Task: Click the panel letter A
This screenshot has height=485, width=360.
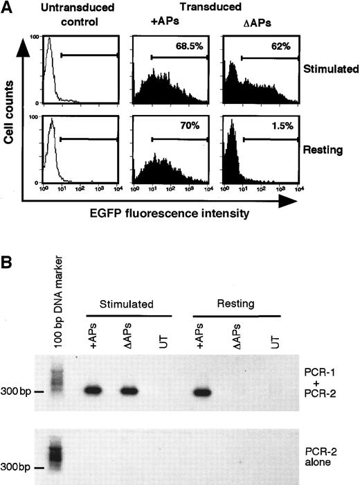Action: click(9, 9)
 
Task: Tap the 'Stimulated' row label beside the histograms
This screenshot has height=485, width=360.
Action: click(327, 70)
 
